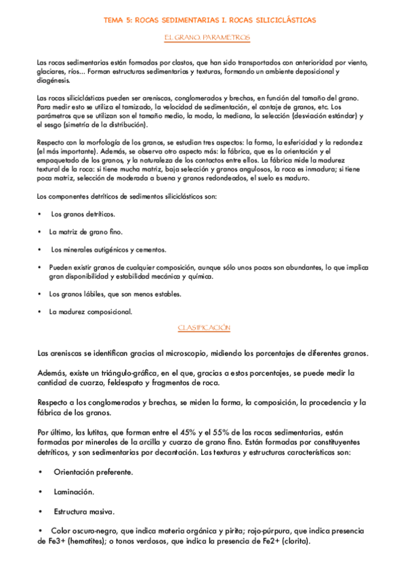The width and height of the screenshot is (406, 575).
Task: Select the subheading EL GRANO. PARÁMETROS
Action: (x=207, y=38)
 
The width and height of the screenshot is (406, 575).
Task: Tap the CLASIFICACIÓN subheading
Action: (x=204, y=328)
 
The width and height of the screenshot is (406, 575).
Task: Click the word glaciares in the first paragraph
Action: (x=51, y=71)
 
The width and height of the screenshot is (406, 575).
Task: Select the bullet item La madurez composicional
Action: (x=90, y=311)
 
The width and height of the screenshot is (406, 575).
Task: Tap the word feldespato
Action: (x=124, y=383)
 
